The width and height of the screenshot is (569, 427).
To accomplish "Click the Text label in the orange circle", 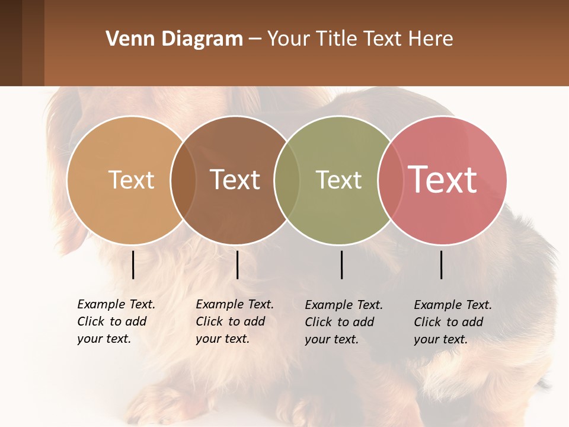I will click(131, 180).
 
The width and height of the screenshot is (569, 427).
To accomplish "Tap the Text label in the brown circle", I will click(235, 180).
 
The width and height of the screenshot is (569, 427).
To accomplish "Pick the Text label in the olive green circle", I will click(338, 180).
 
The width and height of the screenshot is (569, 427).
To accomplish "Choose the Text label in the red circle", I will click(443, 180).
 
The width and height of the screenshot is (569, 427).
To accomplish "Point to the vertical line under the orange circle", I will click(133, 265).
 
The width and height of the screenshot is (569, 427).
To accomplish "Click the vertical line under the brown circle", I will click(237, 265).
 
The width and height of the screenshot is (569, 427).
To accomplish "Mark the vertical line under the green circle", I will click(341, 265).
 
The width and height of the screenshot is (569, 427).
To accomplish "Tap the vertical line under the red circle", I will click(441, 265).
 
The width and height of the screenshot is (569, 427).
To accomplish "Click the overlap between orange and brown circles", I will click(183, 180).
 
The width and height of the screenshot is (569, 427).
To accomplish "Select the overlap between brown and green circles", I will click(287, 180).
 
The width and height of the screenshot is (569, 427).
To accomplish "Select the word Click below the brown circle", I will click(209, 321).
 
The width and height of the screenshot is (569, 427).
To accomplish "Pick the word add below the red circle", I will click(473, 322).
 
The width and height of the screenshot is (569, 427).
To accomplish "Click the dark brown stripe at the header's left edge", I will click(11, 43).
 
